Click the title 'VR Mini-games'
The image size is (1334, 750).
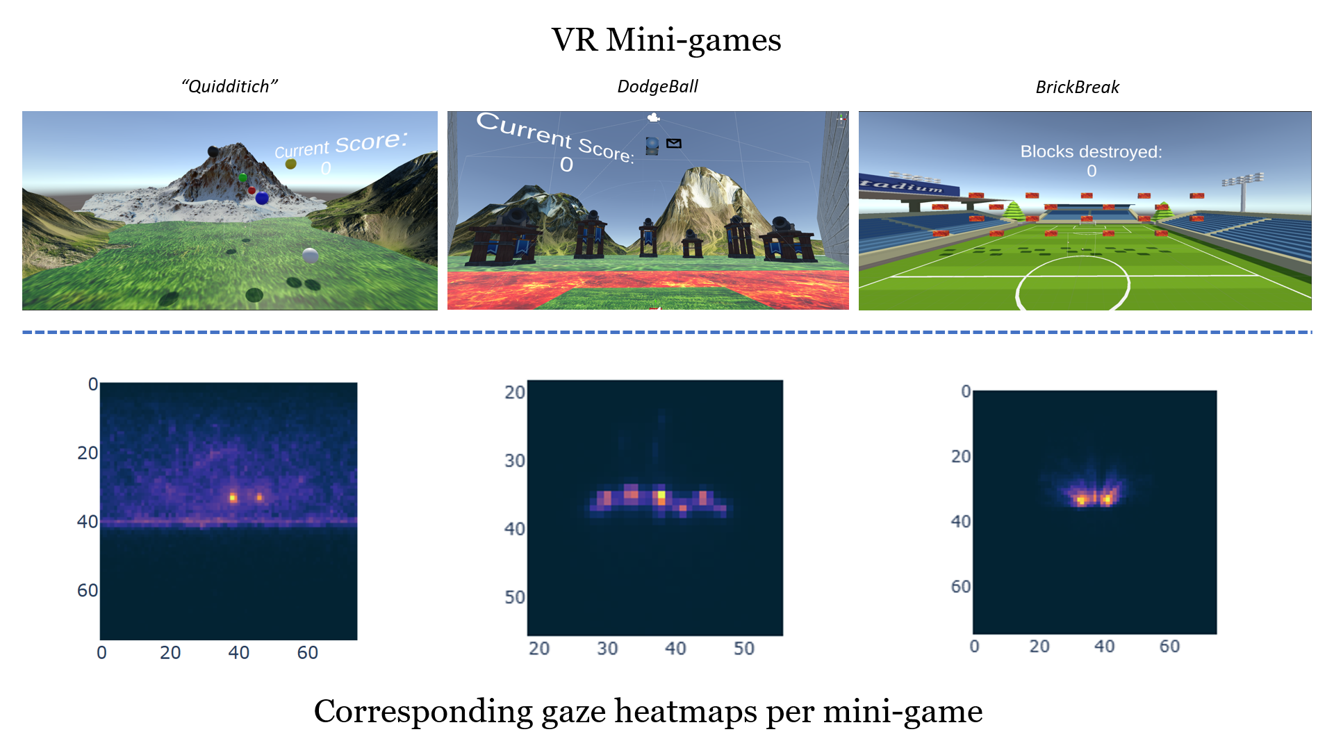[666, 40]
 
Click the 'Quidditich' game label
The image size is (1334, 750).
[229, 87]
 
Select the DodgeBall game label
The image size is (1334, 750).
[657, 87]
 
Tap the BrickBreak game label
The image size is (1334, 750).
[1077, 87]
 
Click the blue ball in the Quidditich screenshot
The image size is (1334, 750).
[262, 199]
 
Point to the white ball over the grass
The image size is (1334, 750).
[310, 256]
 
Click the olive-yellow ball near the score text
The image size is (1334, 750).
[291, 164]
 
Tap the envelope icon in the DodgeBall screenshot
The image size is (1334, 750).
[673, 144]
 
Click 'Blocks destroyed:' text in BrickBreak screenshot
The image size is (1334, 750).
[1091, 151]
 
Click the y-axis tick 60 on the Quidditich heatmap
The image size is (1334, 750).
[88, 590]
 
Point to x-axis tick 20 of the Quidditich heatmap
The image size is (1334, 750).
[170, 653]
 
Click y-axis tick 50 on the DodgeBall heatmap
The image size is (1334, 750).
[515, 597]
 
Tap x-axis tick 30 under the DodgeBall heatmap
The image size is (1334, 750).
[607, 649]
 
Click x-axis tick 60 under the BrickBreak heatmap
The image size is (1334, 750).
[1169, 647]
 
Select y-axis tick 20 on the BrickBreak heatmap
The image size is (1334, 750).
[961, 456]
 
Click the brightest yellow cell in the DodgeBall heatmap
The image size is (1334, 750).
[661, 495]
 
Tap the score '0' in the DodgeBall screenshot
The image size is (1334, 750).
[567, 165]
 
